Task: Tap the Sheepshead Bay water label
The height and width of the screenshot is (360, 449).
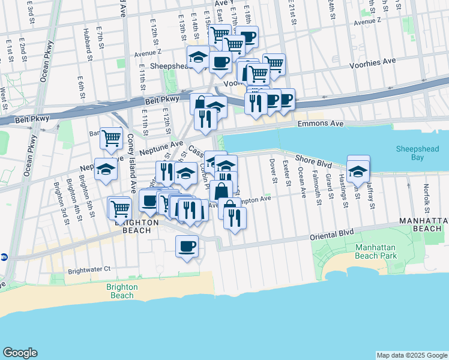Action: pyautogui.click(x=417, y=153)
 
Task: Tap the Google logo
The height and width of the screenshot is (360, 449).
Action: pyautogui.click(x=20, y=353)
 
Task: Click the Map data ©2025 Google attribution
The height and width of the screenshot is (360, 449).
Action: pyautogui.click(x=411, y=355)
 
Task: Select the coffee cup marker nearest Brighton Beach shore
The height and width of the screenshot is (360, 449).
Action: pyautogui.click(x=187, y=245)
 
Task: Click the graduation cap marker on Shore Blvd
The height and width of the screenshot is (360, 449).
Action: pyautogui.click(x=358, y=171)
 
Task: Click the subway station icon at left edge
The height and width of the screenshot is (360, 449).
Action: pyautogui.click(x=4, y=256)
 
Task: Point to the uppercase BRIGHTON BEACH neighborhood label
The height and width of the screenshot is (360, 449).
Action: pyautogui.click(x=140, y=226)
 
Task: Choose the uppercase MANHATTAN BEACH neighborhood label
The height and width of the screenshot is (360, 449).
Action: pyautogui.click(x=423, y=225)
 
